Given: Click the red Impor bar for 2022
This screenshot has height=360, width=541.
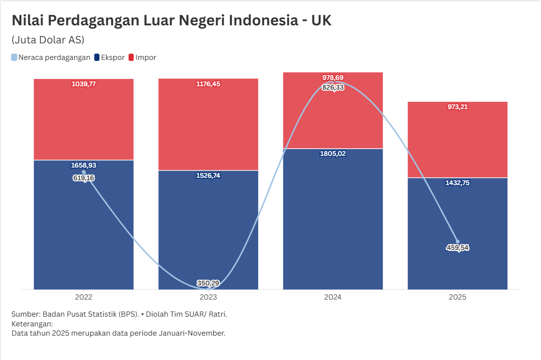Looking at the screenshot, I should [84, 122].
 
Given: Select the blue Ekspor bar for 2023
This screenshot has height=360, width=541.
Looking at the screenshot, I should [208, 229].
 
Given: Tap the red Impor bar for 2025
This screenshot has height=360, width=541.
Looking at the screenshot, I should [458, 141].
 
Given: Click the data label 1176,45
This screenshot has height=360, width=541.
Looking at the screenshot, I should [207, 84].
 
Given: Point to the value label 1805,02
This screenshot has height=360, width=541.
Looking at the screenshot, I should [333, 154].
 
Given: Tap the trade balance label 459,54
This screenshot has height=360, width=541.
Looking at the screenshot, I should [458, 247].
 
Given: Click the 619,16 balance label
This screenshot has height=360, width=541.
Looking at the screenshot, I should [84, 178].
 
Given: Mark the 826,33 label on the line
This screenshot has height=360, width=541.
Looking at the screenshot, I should [333, 87].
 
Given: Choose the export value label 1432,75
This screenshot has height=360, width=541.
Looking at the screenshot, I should [458, 183].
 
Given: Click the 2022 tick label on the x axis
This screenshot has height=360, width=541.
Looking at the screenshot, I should [84, 297].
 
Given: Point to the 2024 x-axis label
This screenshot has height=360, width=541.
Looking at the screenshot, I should [333, 297].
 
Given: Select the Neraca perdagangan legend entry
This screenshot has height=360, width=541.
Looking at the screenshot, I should [51, 57].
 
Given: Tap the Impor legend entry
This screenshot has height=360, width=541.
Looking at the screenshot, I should [142, 57].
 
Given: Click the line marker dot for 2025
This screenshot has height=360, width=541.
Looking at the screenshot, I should [458, 241].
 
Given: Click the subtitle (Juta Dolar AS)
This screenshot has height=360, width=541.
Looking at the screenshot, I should [48, 39].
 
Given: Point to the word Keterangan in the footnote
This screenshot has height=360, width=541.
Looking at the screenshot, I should [32, 324].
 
